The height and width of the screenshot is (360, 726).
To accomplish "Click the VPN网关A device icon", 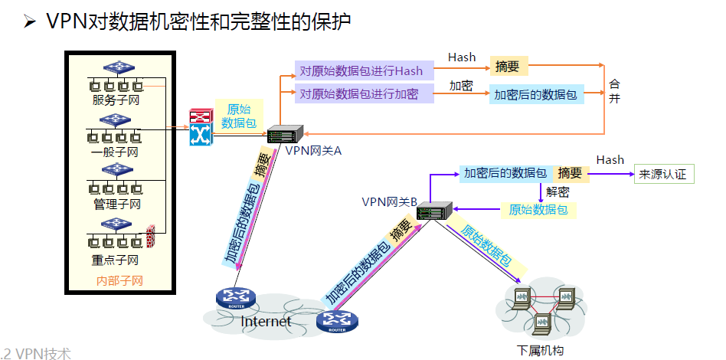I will point(286,134).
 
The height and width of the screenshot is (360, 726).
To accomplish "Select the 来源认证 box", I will point(663,175).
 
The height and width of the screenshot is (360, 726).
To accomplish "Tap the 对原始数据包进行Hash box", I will point(361,71).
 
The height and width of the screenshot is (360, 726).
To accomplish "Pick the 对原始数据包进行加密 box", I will point(358,94).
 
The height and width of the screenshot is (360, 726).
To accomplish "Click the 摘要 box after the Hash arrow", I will point(508,67).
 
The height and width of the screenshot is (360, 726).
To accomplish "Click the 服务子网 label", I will point(116,100).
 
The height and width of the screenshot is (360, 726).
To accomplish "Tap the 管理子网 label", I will point(116,204).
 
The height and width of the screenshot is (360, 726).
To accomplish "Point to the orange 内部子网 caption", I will point(119,280).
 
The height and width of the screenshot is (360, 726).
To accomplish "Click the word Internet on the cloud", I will point(266,322).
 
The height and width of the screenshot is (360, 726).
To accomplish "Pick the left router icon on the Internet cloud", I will point(231,297).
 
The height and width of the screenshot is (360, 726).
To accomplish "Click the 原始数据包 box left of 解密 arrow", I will point(538,209).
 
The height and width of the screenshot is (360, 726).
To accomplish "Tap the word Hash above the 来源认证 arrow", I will point(610,159).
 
